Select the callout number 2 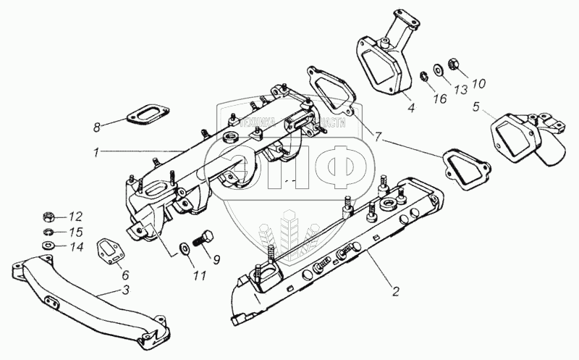394,292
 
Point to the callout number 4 410,109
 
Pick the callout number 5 476,108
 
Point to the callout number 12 76,216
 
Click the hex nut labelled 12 47,216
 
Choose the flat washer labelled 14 48,246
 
